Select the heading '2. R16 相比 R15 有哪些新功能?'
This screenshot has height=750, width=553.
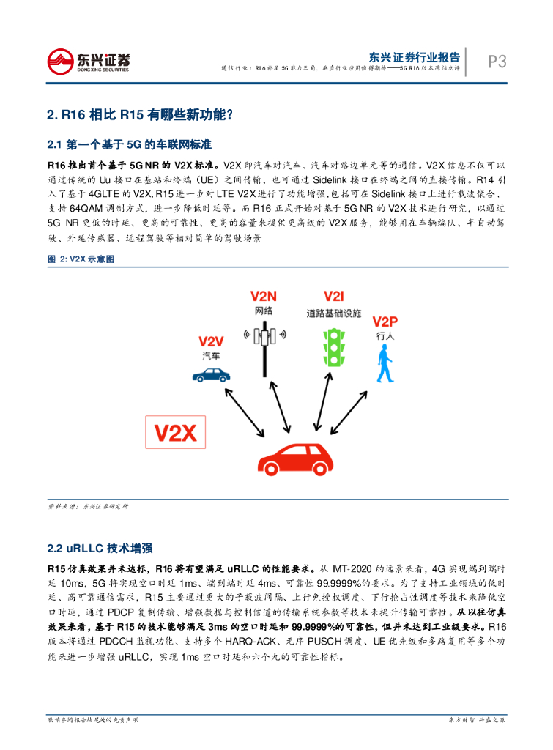[x=139, y=114]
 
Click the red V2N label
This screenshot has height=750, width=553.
[x=264, y=297]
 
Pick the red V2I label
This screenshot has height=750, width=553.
[x=333, y=297]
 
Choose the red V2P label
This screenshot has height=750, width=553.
[x=385, y=322]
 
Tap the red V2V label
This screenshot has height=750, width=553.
[x=211, y=341]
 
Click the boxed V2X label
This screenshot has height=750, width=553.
[x=176, y=434]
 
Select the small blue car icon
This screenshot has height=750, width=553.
[x=211, y=375]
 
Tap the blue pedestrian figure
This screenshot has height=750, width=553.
[x=384, y=365]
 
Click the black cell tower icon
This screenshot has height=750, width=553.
[x=264, y=344]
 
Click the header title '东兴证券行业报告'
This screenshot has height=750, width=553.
[x=414, y=56]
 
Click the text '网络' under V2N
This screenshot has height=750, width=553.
[x=264, y=311]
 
